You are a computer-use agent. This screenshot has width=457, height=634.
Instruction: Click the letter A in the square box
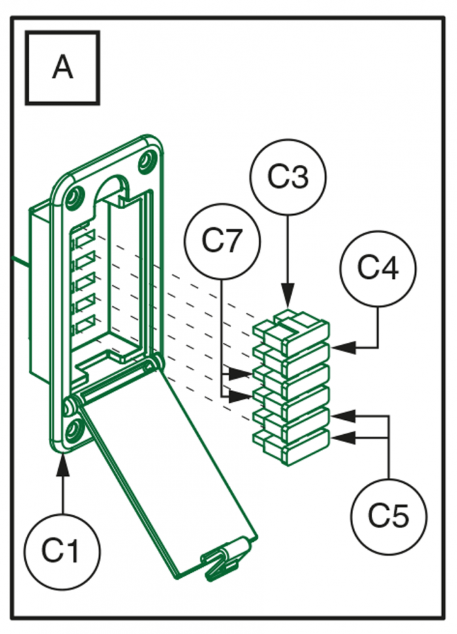[x=63, y=67]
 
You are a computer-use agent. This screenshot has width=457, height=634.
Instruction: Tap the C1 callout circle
[x=63, y=550]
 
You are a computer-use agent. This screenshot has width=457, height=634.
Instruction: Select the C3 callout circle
[x=289, y=178]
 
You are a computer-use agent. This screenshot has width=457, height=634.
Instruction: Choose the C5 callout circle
[x=388, y=516]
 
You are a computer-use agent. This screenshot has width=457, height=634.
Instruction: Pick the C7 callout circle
[x=222, y=242]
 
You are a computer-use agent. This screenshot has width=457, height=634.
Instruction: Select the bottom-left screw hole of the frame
[x=72, y=427]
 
